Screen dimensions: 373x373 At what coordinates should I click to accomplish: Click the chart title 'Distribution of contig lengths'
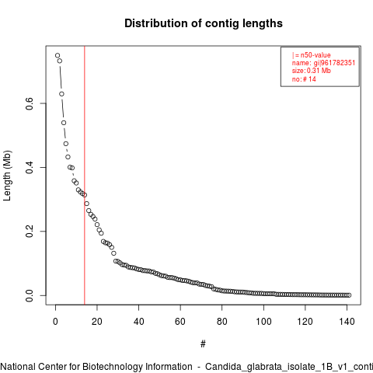pyautogui.click(x=204, y=23)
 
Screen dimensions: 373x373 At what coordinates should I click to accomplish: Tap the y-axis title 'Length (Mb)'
pyautogui.click(x=8, y=176)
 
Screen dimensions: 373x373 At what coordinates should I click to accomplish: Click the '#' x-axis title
pyautogui.click(x=203, y=344)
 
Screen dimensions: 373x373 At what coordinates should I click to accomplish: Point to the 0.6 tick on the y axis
pyautogui.click(x=30, y=103)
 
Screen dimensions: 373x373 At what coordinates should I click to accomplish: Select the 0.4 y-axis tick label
pyautogui.click(x=30, y=167)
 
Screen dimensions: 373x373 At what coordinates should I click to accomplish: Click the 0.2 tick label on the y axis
pyautogui.click(x=30, y=232)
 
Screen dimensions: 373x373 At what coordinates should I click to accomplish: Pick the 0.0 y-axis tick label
pyautogui.click(x=30, y=295)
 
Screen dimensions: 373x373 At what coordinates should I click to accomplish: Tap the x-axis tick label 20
pyautogui.click(x=97, y=322)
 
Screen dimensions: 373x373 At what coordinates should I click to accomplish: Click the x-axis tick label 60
pyautogui.click(x=180, y=322)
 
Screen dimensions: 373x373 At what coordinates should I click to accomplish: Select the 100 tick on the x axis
pyautogui.click(x=263, y=322)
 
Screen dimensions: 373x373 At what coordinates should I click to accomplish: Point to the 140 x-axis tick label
pyautogui.click(x=347, y=322)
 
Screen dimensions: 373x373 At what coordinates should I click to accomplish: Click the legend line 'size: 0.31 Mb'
pyautogui.click(x=312, y=71)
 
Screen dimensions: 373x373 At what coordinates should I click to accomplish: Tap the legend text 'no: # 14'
pyautogui.click(x=304, y=78)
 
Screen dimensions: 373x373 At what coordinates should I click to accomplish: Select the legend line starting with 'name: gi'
pyautogui.click(x=323, y=63)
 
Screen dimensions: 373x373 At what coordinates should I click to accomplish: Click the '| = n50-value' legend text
pyautogui.click(x=312, y=55)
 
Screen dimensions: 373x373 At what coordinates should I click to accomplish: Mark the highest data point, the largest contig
pyautogui.click(x=58, y=55)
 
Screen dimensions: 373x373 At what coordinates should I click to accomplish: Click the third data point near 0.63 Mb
pyautogui.click(x=61, y=94)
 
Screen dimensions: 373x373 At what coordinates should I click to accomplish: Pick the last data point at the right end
pyautogui.click(x=349, y=295)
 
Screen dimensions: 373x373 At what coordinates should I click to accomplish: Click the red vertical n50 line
pyautogui.click(x=85, y=176)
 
